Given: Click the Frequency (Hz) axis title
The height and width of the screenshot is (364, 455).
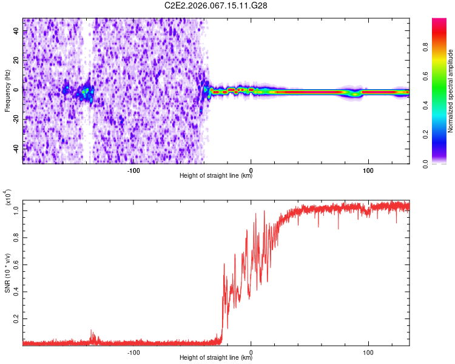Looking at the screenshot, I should (7, 91).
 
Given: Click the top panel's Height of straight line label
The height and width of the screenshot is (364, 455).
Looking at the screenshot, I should (216, 176).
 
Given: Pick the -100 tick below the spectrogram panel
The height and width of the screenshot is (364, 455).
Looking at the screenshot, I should (134, 169).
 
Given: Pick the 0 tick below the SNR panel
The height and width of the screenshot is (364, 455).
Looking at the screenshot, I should (251, 352).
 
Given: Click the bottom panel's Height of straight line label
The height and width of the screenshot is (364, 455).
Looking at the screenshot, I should (216, 359).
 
